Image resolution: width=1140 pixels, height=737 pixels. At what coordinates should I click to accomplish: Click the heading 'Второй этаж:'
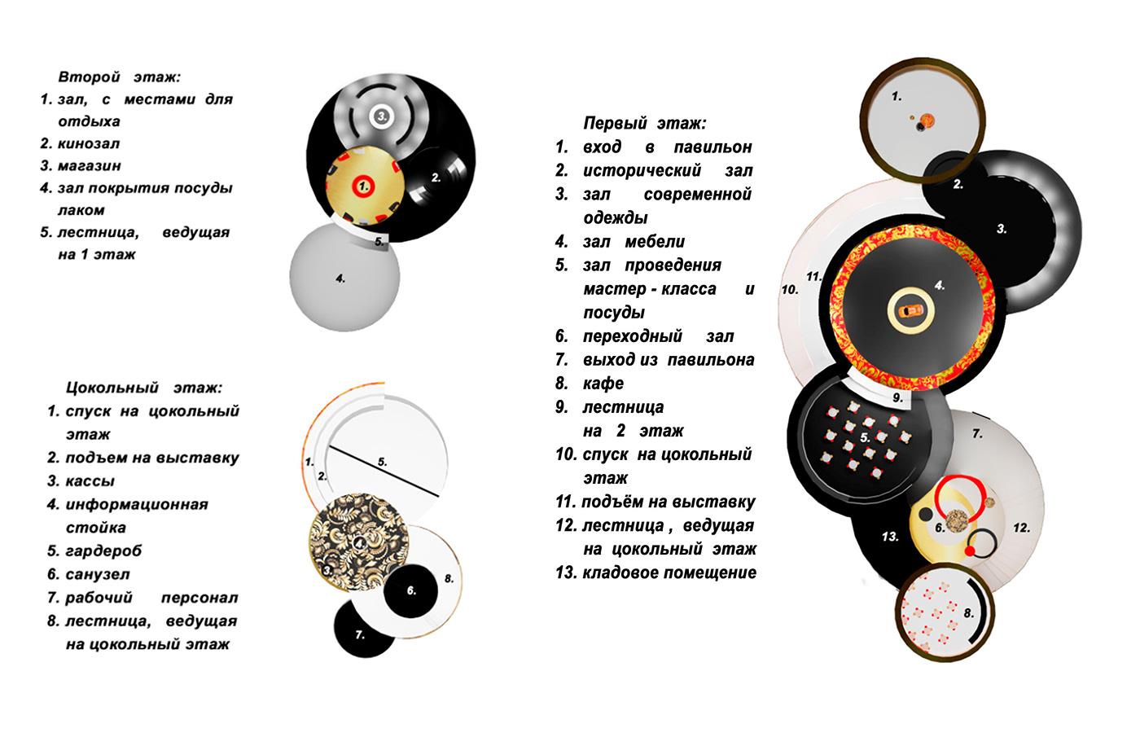(120, 77)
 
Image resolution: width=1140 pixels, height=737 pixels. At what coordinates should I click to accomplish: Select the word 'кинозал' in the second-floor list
(89, 143)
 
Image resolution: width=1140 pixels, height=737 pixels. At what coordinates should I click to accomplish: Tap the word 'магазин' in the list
(90, 166)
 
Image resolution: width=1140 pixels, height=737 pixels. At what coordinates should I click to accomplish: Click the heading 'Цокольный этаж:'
(144, 388)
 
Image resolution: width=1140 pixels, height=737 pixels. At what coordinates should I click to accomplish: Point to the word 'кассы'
(90, 481)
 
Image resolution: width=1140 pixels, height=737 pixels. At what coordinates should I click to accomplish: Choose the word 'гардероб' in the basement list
(104, 551)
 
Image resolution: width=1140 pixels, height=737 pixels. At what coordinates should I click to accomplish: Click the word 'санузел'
(98, 574)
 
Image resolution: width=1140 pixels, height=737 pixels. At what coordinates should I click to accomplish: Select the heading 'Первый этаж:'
(645, 123)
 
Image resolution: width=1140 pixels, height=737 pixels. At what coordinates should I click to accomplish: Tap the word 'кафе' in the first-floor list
(603, 384)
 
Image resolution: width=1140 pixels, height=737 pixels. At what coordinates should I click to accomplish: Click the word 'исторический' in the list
(642, 170)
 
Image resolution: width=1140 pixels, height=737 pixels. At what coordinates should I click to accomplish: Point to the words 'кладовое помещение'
(669, 572)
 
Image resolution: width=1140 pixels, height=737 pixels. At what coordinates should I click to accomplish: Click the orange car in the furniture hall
(910, 310)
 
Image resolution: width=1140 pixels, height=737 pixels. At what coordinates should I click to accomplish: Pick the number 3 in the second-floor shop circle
(381, 116)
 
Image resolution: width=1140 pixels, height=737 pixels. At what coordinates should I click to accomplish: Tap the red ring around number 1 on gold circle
(363, 186)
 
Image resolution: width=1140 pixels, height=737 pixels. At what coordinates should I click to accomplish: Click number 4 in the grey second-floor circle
(340, 279)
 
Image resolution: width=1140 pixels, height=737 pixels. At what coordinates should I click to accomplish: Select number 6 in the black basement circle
(411, 590)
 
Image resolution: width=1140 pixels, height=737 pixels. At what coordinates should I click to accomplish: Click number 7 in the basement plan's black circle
(360, 634)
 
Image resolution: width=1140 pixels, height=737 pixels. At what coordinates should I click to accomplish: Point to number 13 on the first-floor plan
(890, 537)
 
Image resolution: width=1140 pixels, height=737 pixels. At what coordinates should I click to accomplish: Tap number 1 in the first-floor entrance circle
(897, 96)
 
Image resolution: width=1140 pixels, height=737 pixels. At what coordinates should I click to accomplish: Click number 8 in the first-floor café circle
(969, 613)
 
